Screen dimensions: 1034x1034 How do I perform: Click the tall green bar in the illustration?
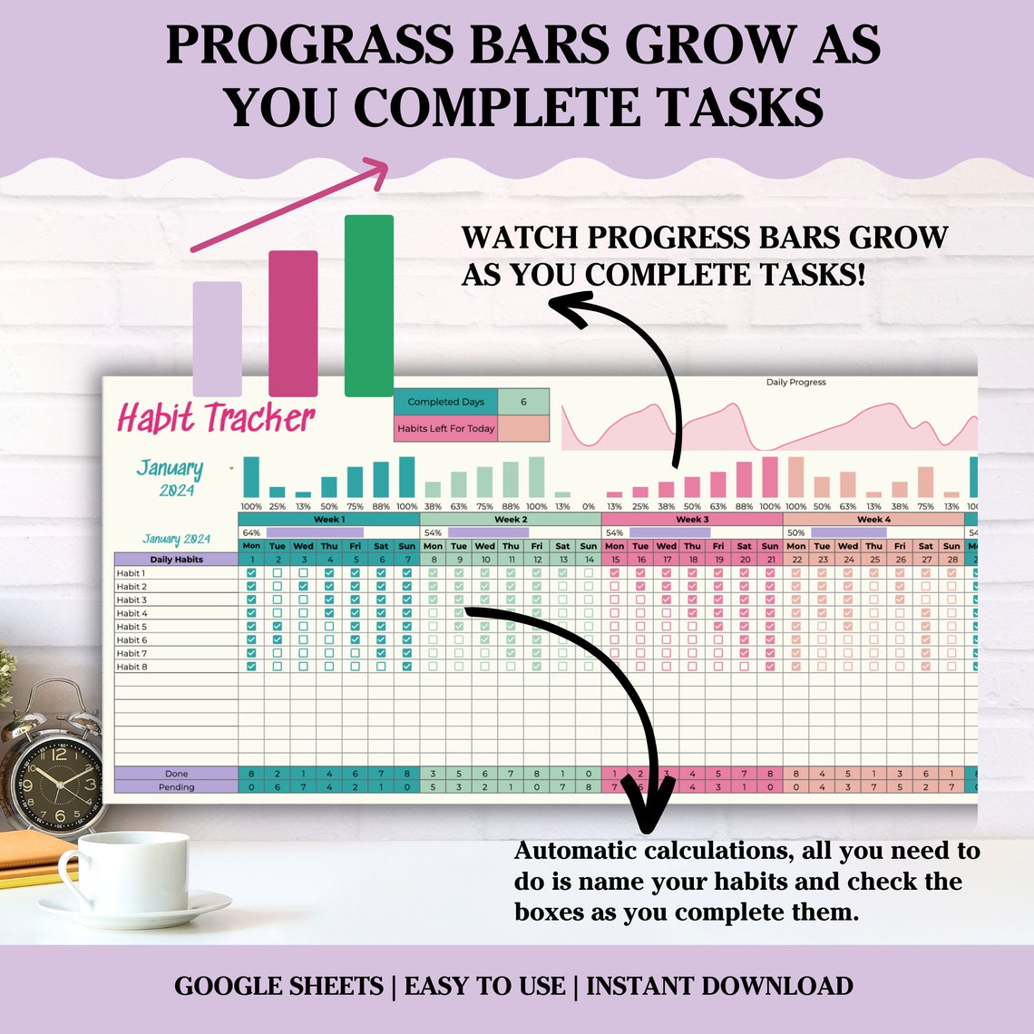click(x=368, y=306)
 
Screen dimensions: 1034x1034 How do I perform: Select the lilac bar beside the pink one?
click(x=218, y=338)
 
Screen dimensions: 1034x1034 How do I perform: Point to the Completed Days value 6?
click(x=523, y=402)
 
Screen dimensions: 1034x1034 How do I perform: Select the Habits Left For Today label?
click(x=445, y=428)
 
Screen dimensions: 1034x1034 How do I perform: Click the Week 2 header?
click(x=511, y=520)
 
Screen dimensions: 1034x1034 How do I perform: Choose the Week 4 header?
click(x=873, y=520)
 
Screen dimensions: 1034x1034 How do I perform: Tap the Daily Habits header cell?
click(x=176, y=560)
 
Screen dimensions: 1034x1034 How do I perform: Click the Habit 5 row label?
click(x=132, y=627)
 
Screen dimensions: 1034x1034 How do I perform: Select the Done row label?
click(x=176, y=774)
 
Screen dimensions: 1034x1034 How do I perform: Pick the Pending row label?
click(x=176, y=787)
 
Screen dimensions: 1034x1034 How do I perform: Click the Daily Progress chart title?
click(x=795, y=383)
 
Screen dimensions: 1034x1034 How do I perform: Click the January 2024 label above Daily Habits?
click(x=176, y=539)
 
